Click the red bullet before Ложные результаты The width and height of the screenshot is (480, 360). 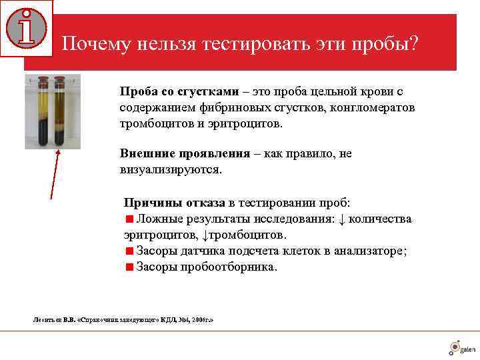129,219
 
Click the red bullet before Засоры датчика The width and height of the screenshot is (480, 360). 129,251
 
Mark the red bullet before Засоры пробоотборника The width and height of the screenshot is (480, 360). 129,267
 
